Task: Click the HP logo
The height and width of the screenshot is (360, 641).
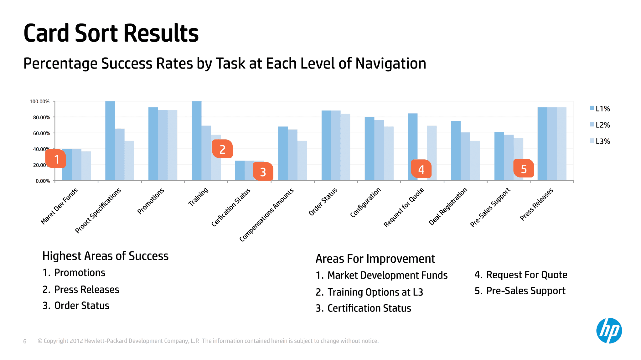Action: click(x=609, y=331)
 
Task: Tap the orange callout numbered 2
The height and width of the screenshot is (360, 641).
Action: click(x=222, y=149)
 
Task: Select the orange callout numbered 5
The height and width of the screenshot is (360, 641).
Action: click(x=524, y=168)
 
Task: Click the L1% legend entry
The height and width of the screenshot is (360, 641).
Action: click(x=600, y=109)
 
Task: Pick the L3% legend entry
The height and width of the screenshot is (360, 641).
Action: click(x=600, y=141)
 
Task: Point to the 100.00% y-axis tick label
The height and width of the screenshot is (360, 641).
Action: click(x=40, y=101)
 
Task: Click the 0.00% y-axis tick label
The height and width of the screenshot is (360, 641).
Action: click(x=43, y=181)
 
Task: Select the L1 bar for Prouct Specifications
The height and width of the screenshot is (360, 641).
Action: click(x=110, y=141)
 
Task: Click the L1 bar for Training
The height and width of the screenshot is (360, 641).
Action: click(x=196, y=141)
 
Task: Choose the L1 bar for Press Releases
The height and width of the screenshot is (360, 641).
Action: click(x=542, y=144)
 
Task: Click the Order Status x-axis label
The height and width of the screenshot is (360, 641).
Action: click(x=323, y=202)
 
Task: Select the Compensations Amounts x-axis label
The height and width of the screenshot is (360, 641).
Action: click(x=266, y=215)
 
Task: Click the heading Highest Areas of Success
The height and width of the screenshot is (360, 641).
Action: click(x=105, y=256)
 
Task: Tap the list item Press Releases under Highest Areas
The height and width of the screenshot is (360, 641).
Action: click(x=81, y=290)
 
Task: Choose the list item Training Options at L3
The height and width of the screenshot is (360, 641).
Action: click(x=370, y=292)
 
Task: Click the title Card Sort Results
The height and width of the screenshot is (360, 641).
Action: click(x=111, y=33)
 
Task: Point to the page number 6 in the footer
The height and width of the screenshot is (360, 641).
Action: click(x=25, y=341)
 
